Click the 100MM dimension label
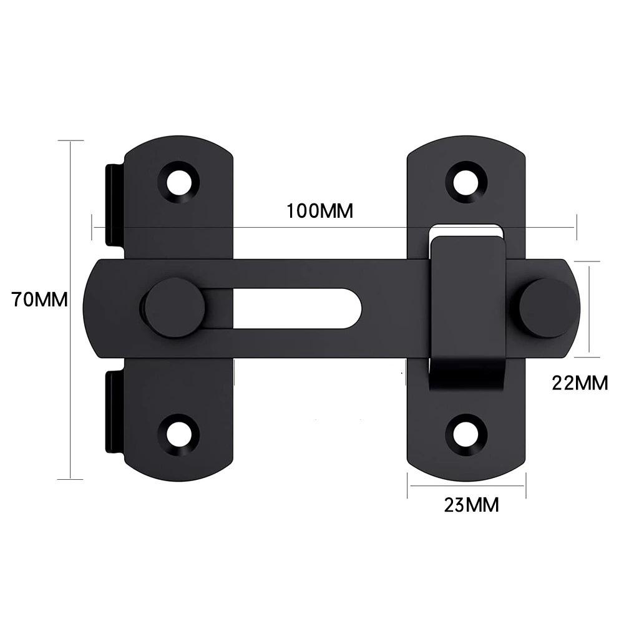319,211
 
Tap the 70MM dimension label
39,300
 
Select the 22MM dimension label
580,383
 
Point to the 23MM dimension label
471,504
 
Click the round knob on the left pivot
173,308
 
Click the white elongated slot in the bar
293,308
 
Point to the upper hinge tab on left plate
114,203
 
